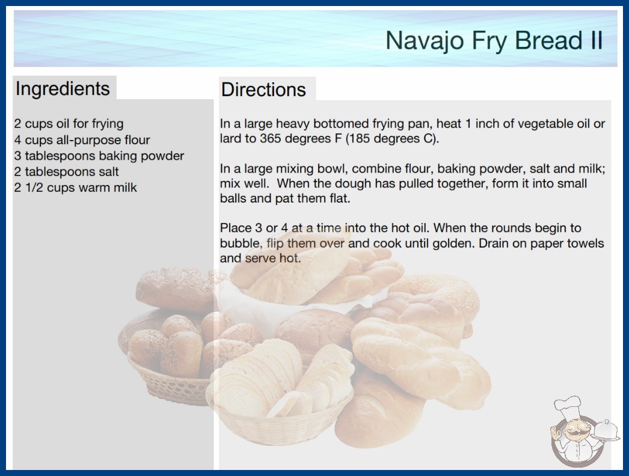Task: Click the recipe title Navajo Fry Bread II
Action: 494,40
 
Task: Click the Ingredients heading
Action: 63,89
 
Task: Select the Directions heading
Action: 263,90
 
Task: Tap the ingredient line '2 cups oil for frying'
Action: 69,124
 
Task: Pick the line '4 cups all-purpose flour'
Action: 82,140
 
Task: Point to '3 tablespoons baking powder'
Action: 99,156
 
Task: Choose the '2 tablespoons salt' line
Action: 66,172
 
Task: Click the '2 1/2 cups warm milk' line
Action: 75,188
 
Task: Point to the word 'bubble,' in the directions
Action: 242,243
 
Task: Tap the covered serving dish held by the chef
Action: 606,431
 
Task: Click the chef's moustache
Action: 573,433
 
